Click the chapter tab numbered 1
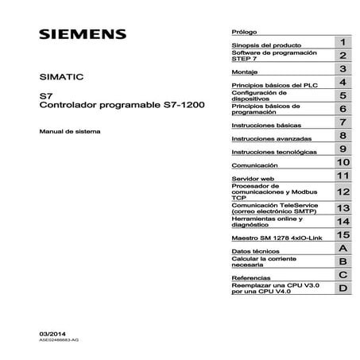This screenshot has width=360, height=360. pos(342,41)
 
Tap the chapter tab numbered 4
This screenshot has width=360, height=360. pos(342,83)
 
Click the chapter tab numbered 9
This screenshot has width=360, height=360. pos(342,150)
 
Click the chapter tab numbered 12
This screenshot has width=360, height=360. pos(342,192)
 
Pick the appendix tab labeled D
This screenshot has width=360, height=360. pos(342,289)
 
